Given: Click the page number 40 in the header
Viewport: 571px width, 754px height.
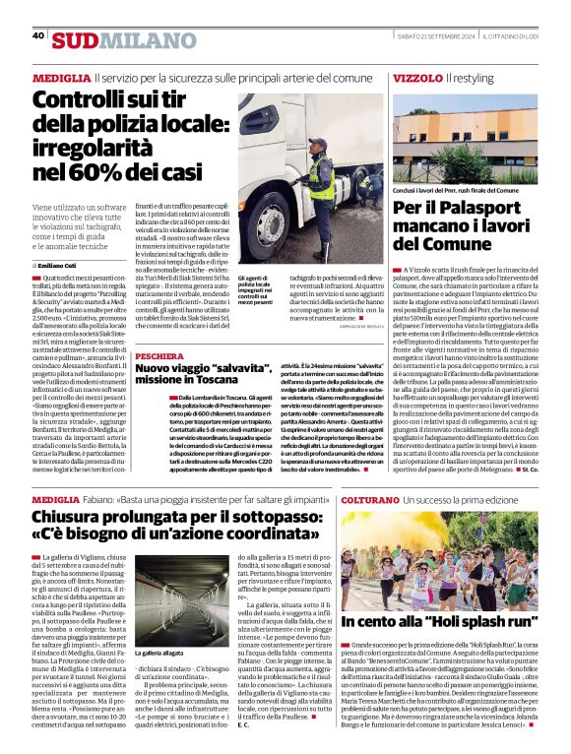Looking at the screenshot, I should [38, 35].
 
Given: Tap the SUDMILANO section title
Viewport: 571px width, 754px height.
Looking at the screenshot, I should [110, 40].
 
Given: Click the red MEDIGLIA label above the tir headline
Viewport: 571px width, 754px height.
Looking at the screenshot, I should [61, 77].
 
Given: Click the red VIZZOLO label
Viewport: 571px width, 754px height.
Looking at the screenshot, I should [417, 77].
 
